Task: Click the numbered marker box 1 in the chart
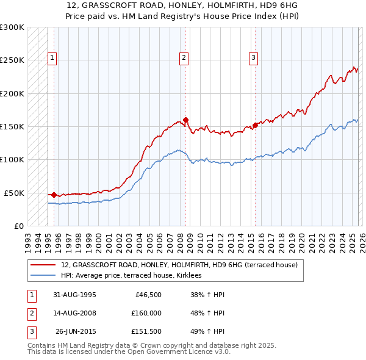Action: (x=52, y=59)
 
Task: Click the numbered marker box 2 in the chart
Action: (x=184, y=59)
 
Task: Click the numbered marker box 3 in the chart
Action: (x=253, y=59)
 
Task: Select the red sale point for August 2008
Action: (x=185, y=120)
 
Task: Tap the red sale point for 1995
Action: (x=54, y=195)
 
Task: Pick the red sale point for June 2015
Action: (x=255, y=125)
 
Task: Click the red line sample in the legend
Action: (x=43, y=265)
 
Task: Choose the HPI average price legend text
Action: (x=135, y=276)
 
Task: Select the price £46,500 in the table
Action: (x=146, y=294)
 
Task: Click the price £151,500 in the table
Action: (x=146, y=332)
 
